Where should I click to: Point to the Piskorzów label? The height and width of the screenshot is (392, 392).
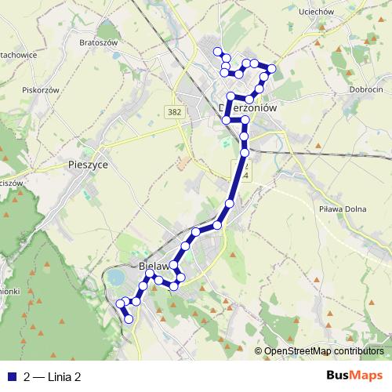point(42,90)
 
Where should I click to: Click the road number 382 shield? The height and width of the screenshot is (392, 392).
point(176,112)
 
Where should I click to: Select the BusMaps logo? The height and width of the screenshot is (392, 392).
point(355,376)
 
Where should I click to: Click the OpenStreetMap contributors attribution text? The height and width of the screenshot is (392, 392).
point(323,352)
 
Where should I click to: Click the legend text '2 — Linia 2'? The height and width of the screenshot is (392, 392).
point(53,376)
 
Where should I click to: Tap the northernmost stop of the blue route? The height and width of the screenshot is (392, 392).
point(218,51)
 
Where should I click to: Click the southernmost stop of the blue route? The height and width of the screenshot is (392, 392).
point(129,319)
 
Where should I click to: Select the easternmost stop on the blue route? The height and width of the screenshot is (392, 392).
point(273,69)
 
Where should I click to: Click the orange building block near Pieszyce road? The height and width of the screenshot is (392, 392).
point(183,162)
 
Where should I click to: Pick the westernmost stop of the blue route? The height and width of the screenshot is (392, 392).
point(120,303)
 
